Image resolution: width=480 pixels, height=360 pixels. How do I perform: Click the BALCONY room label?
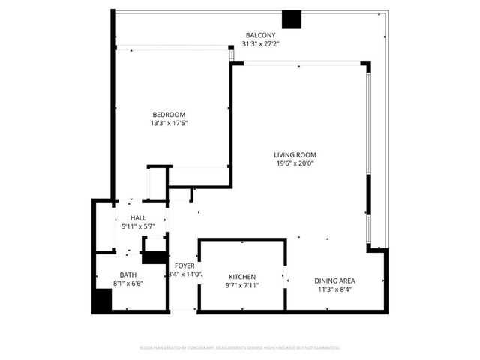click(x=260, y=35)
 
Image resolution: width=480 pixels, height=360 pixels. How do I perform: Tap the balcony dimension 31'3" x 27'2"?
click(x=260, y=43)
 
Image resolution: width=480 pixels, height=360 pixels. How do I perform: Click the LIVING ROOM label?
click(x=292, y=155)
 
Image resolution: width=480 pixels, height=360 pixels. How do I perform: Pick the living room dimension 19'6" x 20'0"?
click(x=292, y=164)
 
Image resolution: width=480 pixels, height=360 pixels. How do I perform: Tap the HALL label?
click(x=137, y=217)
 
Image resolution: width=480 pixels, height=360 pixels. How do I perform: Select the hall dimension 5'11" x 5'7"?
click(x=137, y=226)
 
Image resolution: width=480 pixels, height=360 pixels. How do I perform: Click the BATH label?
click(x=128, y=274)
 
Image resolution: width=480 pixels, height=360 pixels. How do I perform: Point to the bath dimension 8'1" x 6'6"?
click(x=128, y=283)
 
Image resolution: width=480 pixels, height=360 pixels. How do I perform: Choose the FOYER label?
click(x=184, y=266)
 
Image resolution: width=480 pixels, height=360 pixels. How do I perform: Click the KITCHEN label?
click(x=242, y=276)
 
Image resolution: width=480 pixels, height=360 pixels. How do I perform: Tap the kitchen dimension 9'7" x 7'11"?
click(x=242, y=285)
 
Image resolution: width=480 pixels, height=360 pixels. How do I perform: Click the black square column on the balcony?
click(x=291, y=20)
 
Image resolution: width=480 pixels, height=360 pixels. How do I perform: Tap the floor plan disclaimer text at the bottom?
click(x=240, y=348)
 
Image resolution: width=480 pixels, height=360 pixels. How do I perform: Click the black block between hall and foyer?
click(x=155, y=257)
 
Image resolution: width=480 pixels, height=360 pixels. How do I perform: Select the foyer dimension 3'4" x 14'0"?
click(x=184, y=275)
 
